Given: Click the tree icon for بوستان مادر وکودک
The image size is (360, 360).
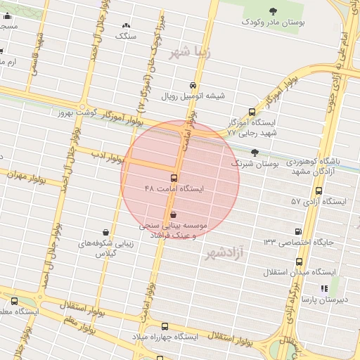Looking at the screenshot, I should click(x=274, y=11).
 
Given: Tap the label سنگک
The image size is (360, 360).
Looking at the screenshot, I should click(x=127, y=34).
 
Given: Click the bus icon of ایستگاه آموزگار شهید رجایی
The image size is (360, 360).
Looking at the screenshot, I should click(x=252, y=112).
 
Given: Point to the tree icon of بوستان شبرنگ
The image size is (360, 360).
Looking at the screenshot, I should click(x=255, y=152).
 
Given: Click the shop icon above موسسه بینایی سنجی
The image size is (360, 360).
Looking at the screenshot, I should click(x=174, y=214).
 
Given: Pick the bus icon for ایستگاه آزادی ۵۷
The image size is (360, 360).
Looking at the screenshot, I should click(x=319, y=191).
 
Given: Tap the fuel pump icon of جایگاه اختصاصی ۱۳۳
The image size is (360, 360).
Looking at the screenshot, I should click(x=298, y=231).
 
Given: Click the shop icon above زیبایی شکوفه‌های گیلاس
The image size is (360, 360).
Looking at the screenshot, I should click(x=105, y=233).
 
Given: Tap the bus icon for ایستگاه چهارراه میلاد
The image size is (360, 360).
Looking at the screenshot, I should click(x=165, y=326).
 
